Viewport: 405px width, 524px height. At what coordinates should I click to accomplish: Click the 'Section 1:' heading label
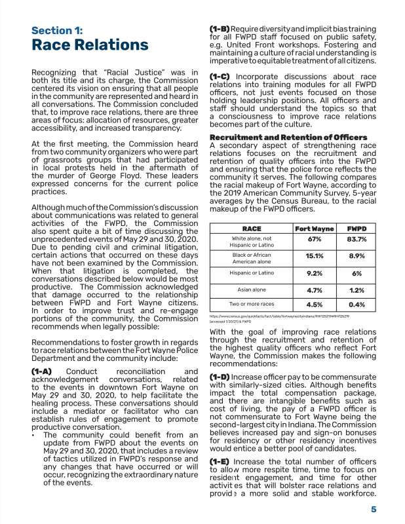pos(57,30)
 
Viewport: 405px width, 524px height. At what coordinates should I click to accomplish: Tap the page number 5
pos(373,510)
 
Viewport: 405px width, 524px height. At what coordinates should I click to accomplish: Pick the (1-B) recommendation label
pos(220,30)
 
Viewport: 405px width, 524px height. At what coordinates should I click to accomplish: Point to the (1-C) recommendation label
pos(220,77)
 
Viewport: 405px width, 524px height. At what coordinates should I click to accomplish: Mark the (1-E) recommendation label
pos(220,462)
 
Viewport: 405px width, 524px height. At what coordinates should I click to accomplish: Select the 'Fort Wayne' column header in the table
pos(313,229)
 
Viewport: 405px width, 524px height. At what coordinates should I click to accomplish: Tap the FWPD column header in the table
pos(357,229)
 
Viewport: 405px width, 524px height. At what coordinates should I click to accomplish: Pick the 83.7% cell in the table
pos(357,240)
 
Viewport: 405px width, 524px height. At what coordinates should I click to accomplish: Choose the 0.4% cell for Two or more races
pos(357,304)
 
